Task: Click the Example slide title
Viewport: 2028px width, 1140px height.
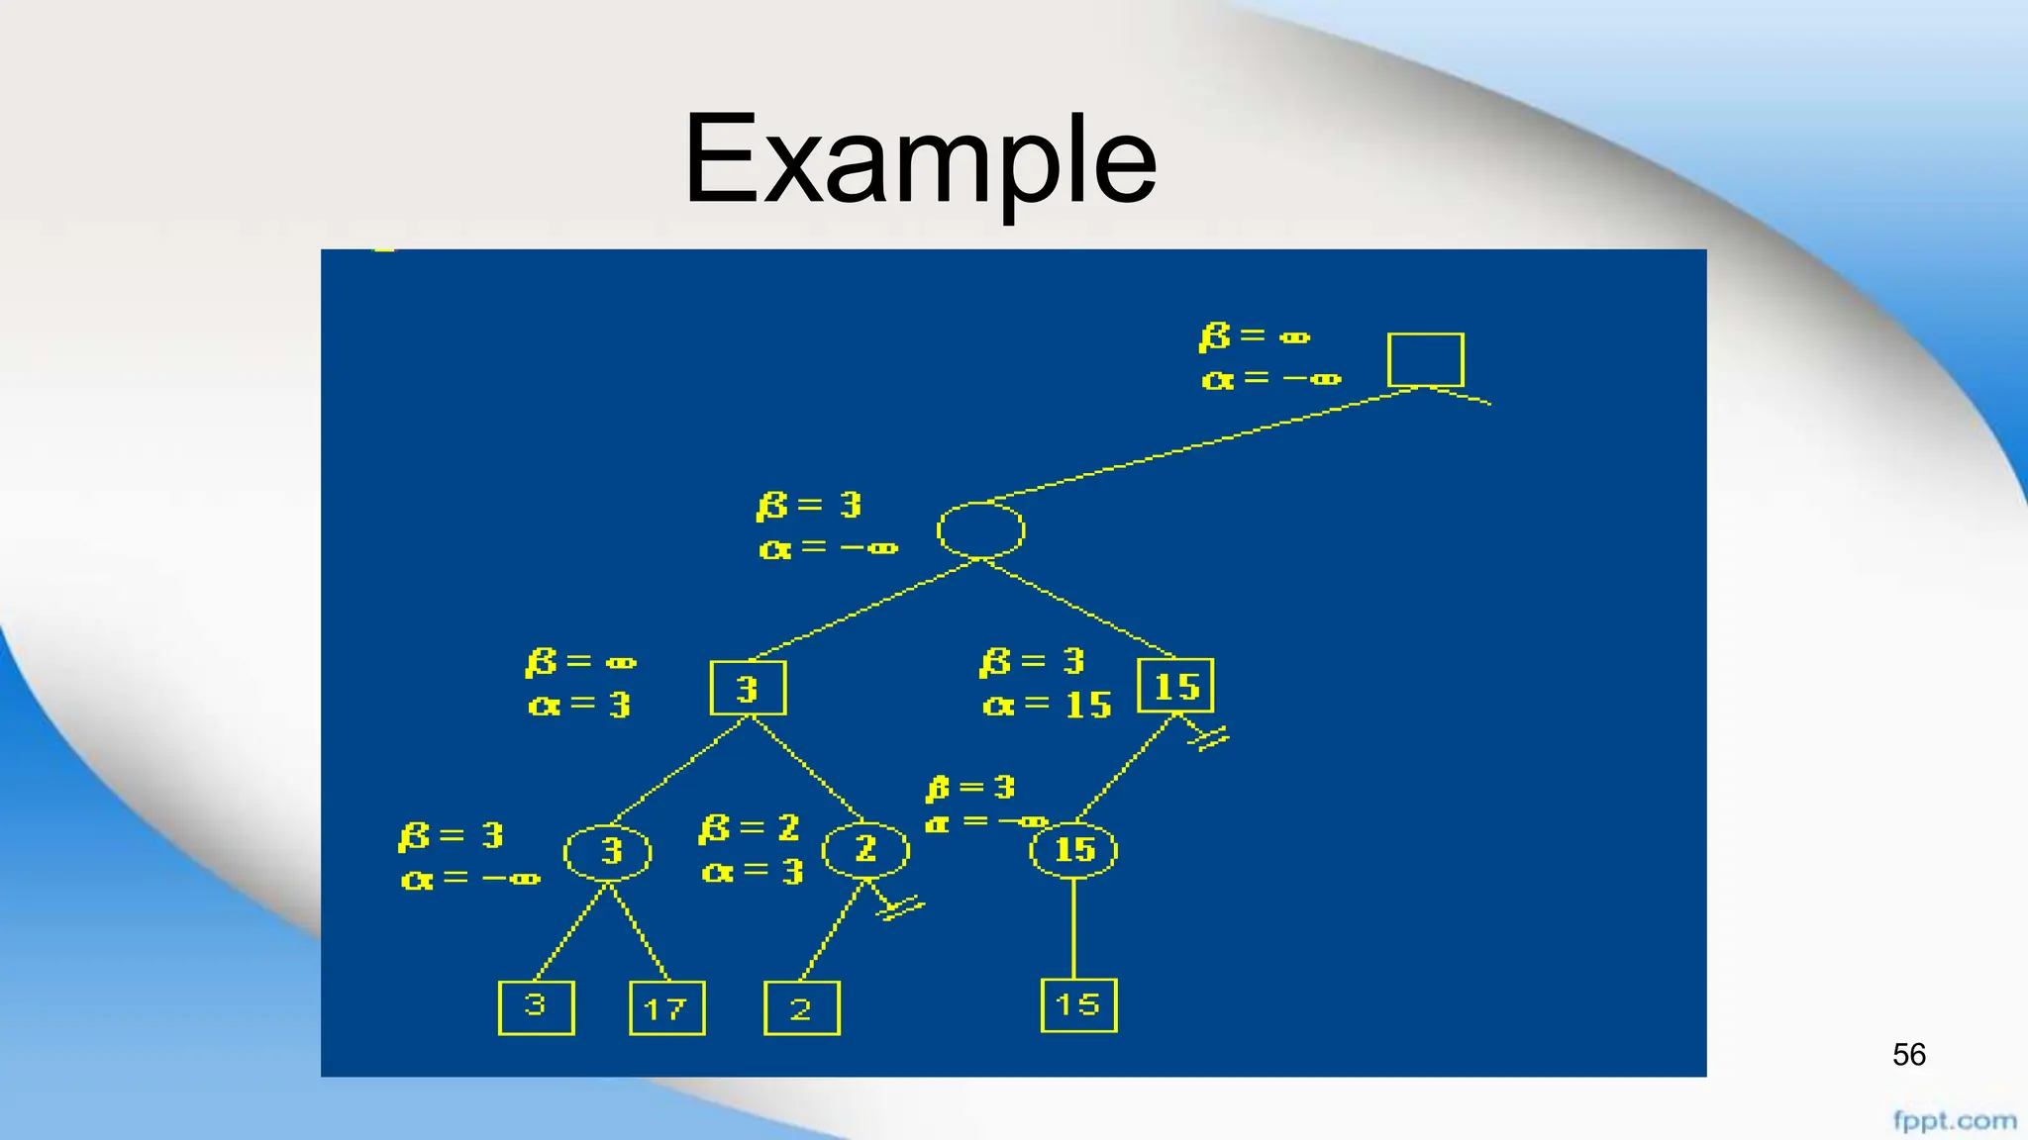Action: (x=920, y=160)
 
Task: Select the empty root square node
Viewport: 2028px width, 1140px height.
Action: (x=1425, y=359)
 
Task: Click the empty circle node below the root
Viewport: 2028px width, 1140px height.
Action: (x=980, y=530)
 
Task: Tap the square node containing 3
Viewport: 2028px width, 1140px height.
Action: (x=748, y=688)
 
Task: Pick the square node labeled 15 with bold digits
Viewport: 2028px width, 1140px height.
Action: (x=1175, y=686)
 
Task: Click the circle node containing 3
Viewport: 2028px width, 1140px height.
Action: (x=608, y=851)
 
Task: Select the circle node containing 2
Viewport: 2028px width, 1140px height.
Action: (x=865, y=849)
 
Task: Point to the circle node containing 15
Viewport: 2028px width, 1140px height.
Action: (x=1073, y=850)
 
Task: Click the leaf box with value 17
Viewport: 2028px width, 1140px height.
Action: (x=666, y=1008)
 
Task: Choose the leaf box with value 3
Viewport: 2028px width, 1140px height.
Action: (x=536, y=1007)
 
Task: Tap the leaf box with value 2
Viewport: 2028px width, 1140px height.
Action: (x=801, y=1008)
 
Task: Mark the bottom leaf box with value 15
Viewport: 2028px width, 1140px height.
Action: (x=1078, y=1005)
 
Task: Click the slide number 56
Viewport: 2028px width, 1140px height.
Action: (x=1908, y=1055)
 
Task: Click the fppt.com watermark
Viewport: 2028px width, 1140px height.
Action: (x=1954, y=1121)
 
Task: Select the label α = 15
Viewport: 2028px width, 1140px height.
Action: (x=1047, y=705)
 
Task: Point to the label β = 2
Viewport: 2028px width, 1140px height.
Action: (x=749, y=828)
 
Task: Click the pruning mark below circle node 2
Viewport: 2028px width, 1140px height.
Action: (x=899, y=907)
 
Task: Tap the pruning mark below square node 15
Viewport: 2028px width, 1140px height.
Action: (x=1210, y=738)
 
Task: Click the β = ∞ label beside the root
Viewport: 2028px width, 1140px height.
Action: (x=1254, y=337)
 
